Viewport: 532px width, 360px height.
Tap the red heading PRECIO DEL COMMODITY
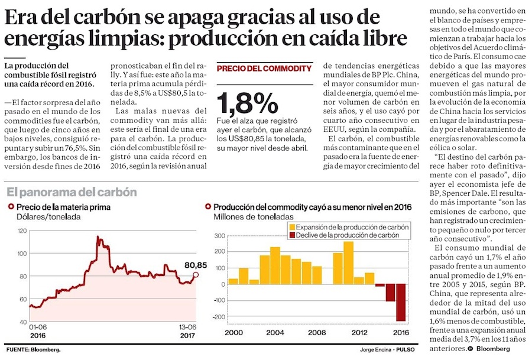(x=264, y=69)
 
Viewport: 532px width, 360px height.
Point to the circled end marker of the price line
(x=196, y=274)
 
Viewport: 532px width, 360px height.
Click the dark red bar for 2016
(x=401, y=303)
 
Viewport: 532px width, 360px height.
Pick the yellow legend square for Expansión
(x=291, y=226)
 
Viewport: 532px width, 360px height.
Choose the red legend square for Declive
(x=291, y=235)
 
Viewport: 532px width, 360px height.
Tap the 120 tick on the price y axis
(x=22, y=230)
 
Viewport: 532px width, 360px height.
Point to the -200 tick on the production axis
(x=219, y=317)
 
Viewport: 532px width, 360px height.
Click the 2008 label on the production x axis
(x=316, y=333)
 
